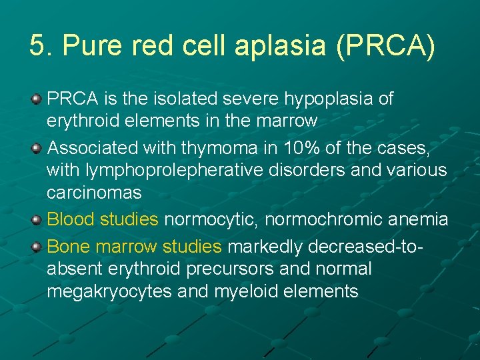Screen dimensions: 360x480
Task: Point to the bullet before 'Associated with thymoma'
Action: pyautogui.click(x=37, y=147)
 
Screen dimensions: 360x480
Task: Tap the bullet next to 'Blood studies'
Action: pyautogui.click(x=37, y=219)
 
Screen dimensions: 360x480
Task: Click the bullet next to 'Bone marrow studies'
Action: pyautogui.click(x=37, y=246)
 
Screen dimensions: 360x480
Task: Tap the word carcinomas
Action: pyautogui.click(x=94, y=193)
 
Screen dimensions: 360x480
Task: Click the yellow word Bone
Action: pyautogui.click(x=69, y=246)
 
